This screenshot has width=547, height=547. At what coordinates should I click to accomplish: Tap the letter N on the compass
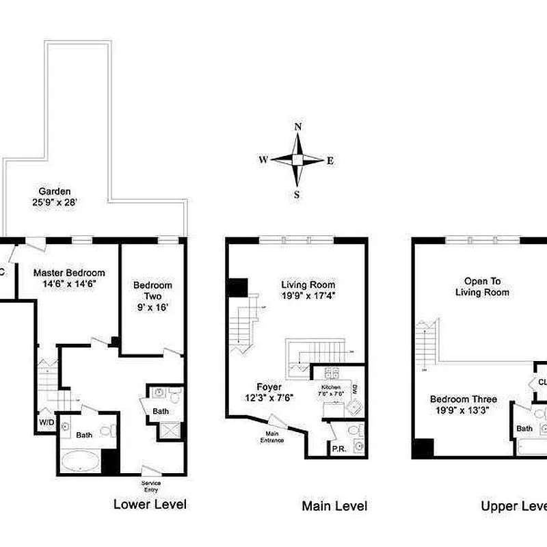297,126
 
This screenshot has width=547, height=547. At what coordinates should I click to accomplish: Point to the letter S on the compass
297,194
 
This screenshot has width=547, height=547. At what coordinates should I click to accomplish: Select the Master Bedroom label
70,278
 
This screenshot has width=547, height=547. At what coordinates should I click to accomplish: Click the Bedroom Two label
152,295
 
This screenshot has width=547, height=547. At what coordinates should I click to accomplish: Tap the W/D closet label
46,422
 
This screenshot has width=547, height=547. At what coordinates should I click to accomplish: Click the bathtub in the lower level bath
80,460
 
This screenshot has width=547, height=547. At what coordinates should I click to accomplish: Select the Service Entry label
151,485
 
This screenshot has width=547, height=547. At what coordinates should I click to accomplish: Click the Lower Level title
149,505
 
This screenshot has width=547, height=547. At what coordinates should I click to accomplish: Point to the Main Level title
334,506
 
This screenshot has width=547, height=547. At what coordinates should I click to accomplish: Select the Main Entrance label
271,436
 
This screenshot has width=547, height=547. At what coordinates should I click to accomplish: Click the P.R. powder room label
338,449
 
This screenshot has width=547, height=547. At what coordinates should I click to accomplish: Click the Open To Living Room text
486,286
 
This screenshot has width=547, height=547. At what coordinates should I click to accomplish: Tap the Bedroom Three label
463,404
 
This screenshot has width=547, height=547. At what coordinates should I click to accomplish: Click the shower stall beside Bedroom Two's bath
170,431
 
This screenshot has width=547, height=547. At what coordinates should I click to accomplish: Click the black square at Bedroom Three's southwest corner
423,448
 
